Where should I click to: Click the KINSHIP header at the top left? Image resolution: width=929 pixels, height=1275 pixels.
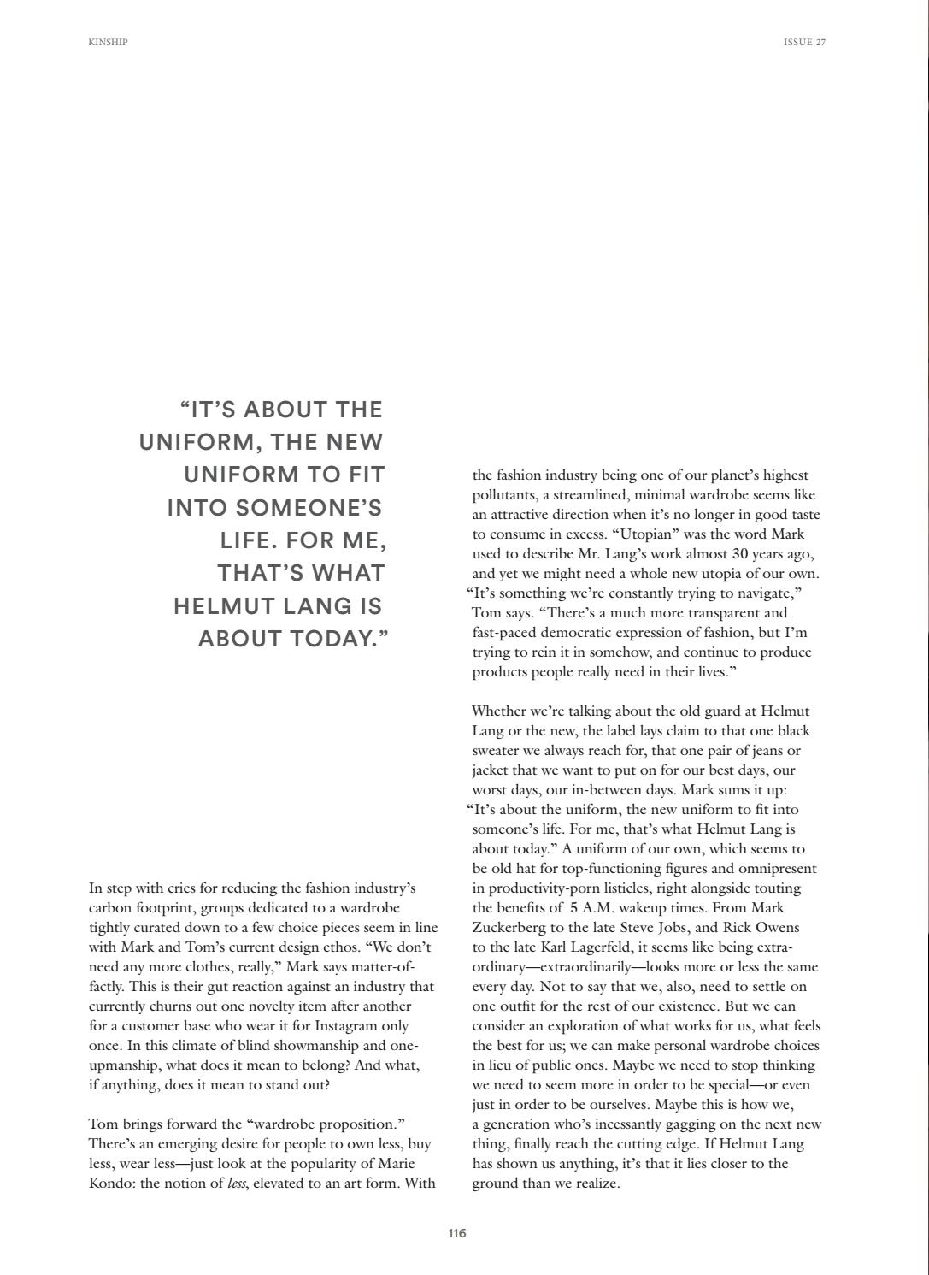[x=108, y=42]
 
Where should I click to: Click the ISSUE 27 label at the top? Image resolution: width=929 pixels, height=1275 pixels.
[x=804, y=42]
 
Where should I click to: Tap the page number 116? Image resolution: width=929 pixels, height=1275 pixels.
[x=457, y=1233]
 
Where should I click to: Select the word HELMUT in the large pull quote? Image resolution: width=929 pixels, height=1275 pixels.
[x=220, y=606]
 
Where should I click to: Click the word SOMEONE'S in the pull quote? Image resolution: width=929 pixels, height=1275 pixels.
[x=309, y=508]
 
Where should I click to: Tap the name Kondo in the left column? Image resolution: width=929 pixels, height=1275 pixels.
[x=111, y=1184]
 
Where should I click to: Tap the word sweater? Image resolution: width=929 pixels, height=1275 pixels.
[x=498, y=751]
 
